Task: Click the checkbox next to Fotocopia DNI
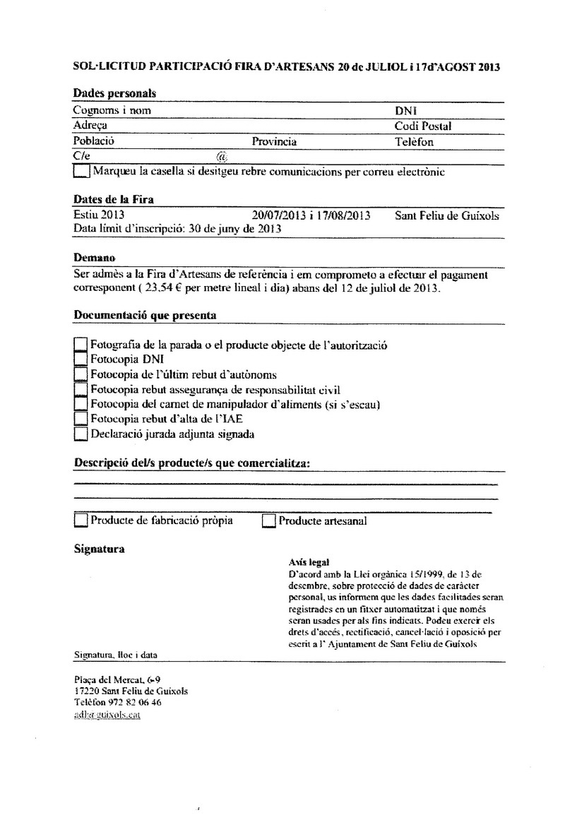81,359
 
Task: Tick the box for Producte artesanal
268,522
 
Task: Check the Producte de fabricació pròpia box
81,522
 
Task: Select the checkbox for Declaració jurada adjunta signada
81,434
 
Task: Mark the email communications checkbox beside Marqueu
82,172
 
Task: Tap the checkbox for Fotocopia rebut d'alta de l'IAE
81,420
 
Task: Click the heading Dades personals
114,93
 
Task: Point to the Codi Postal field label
423,126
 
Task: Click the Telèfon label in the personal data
415,141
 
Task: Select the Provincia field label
274,141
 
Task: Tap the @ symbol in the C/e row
221,156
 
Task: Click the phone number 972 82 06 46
134,703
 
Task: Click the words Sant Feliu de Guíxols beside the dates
447,215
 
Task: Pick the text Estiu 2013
99,215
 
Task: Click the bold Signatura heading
100,549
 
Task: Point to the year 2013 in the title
489,68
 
